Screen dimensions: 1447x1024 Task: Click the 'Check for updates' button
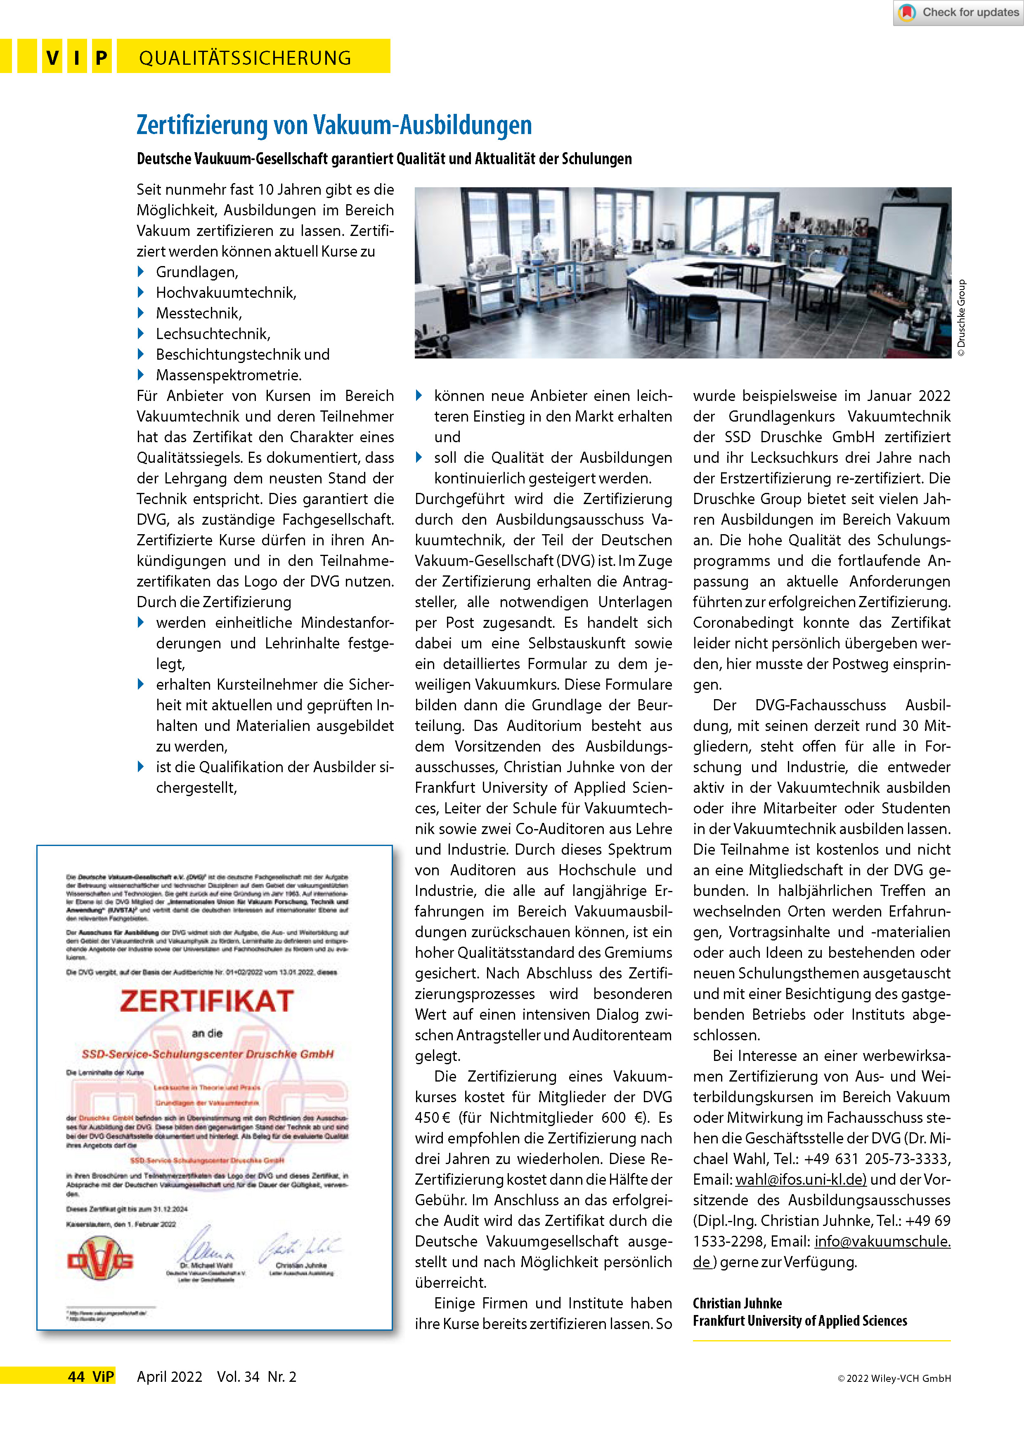coord(958,13)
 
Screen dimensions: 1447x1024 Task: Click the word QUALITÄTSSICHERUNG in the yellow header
coord(245,58)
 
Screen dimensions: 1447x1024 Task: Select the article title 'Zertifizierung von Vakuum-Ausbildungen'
coord(334,125)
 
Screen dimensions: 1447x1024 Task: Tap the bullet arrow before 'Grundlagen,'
coord(141,272)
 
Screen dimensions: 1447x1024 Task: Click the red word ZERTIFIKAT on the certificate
coord(207,1001)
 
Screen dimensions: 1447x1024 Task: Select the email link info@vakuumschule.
coord(882,1241)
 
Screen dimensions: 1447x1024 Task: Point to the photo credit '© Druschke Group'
coord(961,318)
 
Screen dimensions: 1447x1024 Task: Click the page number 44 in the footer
coord(76,1376)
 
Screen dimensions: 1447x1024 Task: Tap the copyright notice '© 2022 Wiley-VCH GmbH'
coord(894,1378)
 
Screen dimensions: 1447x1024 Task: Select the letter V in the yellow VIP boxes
coord(52,58)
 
